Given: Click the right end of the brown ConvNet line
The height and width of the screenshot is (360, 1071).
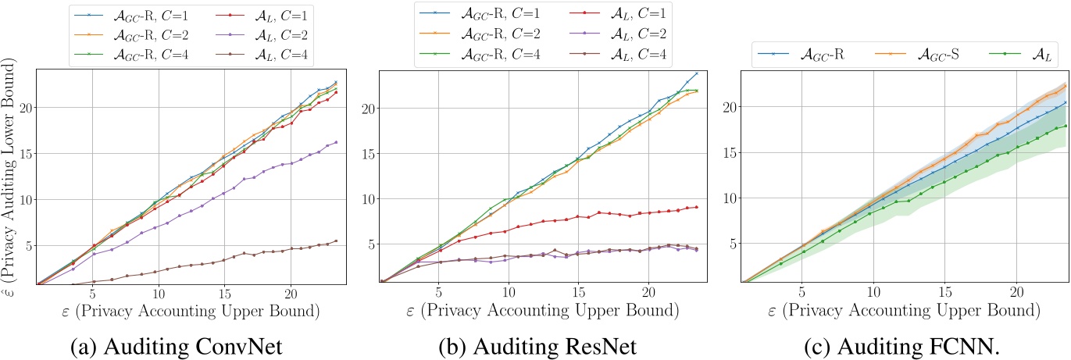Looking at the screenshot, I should [336, 241].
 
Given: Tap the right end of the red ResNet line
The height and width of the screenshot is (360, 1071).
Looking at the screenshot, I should [696, 207].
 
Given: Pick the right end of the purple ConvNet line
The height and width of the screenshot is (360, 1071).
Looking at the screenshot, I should [336, 142].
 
